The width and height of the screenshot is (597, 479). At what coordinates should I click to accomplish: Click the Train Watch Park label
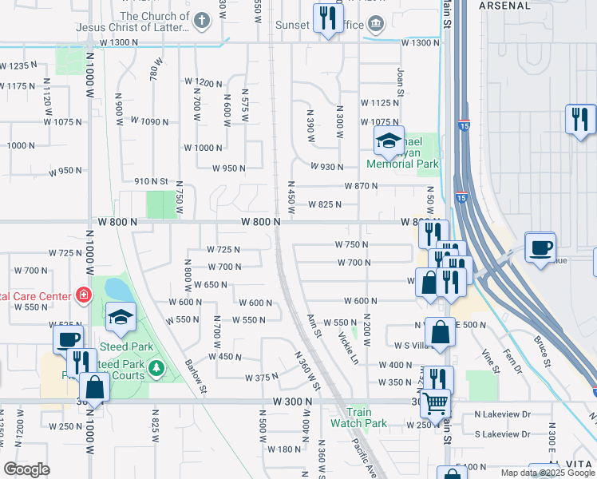359,418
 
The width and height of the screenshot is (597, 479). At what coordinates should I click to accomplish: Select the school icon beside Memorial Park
389,142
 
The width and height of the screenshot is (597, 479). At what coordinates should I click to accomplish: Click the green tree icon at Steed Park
157,367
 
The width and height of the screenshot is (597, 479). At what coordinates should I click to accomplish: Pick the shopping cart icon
435,403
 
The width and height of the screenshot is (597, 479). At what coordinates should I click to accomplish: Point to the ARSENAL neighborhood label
504,5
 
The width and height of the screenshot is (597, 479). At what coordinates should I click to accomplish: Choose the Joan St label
401,77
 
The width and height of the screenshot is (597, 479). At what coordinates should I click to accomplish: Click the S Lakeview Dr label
503,433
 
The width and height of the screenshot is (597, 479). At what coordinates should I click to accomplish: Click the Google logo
27,469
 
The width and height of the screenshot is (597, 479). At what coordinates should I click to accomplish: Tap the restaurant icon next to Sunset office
327,18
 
